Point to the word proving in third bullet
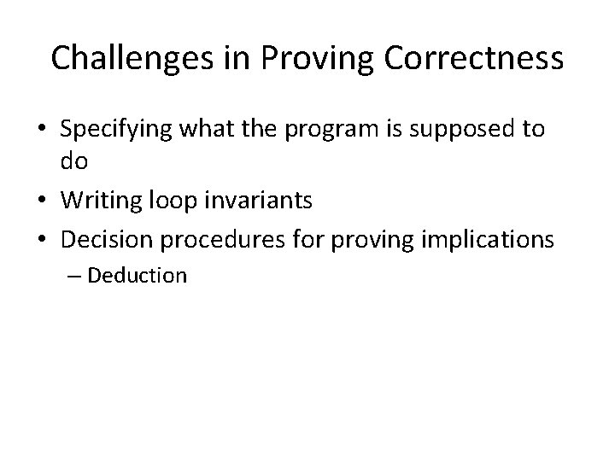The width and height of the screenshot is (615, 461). click(x=367, y=240)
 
